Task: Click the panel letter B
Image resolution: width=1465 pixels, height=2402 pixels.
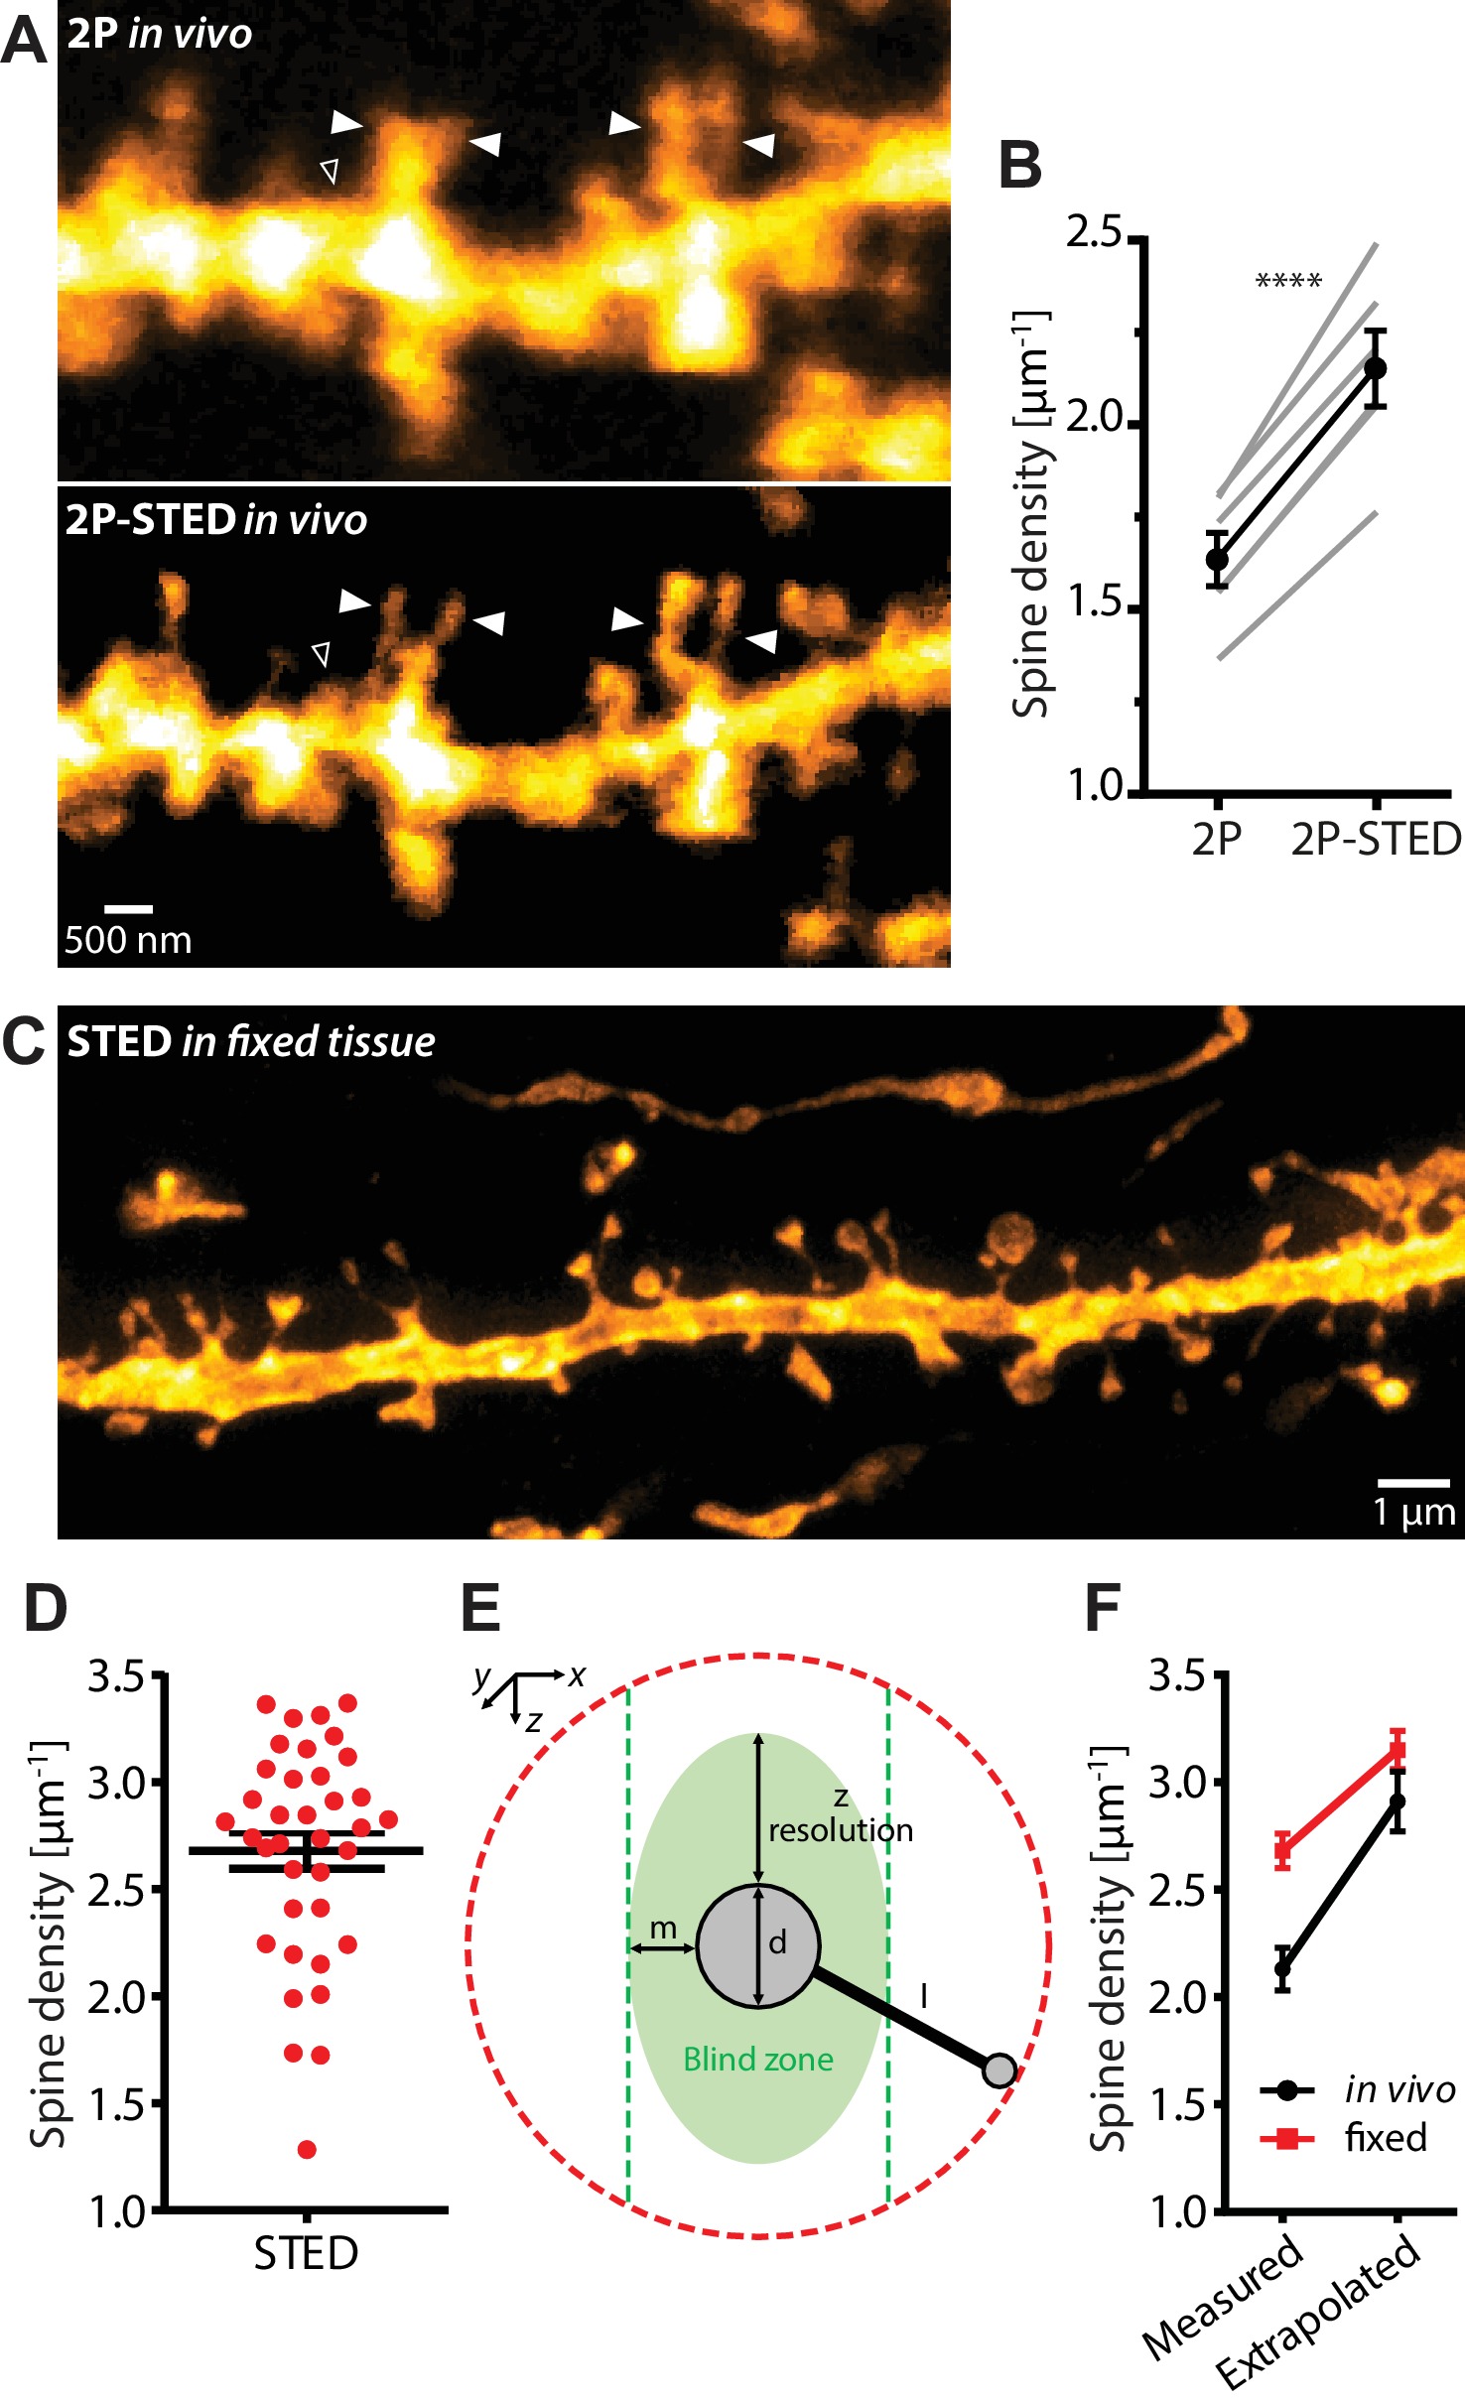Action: coord(1020,165)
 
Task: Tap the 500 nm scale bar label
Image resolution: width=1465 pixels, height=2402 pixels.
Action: coord(128,939)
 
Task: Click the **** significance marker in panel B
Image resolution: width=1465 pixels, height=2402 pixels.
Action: coord(1288,282)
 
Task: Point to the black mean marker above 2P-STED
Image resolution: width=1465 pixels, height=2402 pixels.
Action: coord(1375,368)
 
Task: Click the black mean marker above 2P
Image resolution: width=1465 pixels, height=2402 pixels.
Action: coord(1217,559)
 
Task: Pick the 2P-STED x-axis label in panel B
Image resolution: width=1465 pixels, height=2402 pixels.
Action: coord(1375,840)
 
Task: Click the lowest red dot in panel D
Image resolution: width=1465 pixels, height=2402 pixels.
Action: coord(307,2149)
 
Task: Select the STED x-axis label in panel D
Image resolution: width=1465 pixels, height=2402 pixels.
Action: coord(306,2274)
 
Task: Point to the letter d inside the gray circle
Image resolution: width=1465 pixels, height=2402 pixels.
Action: coord(777,1942)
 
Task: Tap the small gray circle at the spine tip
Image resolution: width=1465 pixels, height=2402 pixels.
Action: coord(999,2070)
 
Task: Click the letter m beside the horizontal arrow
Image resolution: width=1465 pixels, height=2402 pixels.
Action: coord(662,1929)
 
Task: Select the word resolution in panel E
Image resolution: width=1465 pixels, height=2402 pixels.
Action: coord(841,1829)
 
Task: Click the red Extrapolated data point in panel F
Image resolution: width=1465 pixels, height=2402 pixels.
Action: coord(1398,1748)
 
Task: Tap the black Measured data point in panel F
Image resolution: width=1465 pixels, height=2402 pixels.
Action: coord(1282,1968)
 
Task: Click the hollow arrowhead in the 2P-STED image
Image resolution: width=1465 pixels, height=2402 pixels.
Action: coord(321,654)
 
